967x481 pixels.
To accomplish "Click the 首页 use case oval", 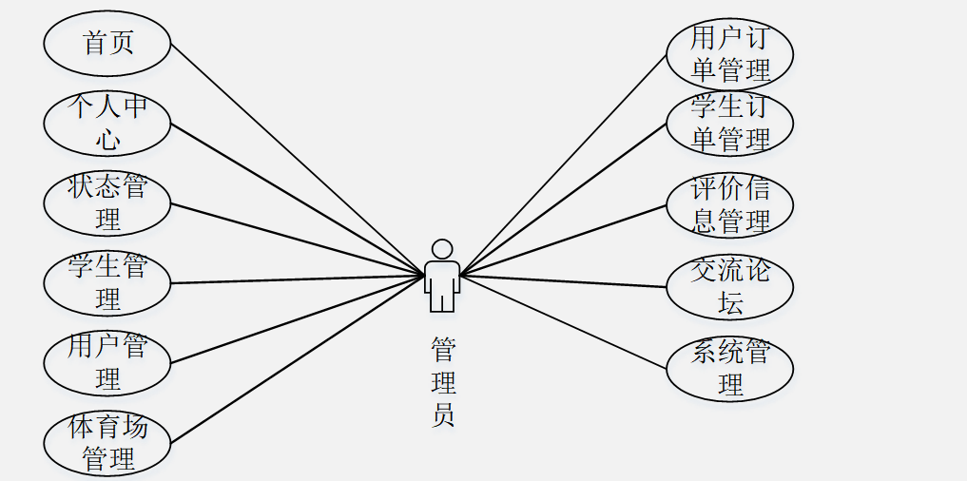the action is [107, 44].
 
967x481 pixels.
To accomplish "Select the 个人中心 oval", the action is [107, 124].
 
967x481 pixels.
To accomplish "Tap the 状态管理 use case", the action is [107, 203].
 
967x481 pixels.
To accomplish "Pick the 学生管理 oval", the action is [107, 283].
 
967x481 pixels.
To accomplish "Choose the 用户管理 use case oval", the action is [107, 363].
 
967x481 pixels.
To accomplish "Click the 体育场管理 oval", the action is [107, 443].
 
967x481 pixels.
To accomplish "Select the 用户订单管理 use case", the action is [729, 54].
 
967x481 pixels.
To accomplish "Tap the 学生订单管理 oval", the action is [729, 124].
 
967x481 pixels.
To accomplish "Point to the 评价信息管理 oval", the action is [729, 205].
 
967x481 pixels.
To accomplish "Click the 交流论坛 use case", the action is [729, 287].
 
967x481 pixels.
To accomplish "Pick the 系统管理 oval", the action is [729, 369].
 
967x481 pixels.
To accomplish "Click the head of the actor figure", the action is [441, 249].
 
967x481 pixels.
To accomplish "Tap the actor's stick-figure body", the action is [441, 285].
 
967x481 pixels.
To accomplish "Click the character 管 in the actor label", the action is [442, 349].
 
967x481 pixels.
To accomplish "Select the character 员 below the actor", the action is [442, 415].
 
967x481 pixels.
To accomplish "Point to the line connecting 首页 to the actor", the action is [298, 160].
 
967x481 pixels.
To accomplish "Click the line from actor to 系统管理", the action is [563, 322].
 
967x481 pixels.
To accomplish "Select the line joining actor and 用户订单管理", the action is [563, 165].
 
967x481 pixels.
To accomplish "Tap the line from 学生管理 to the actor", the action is [298, 279].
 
